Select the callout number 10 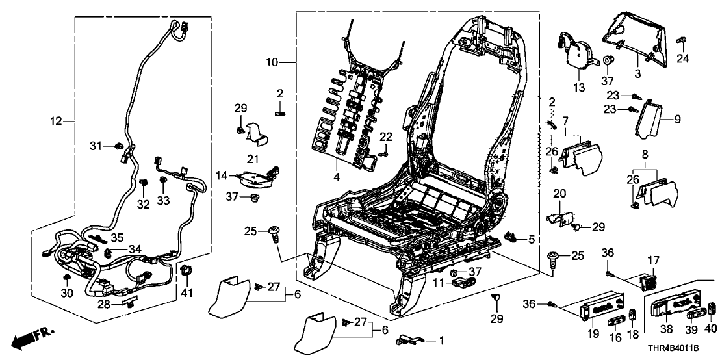(x=272, y=62)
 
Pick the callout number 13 (x=578, y=87)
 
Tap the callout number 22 (x=386, y=136)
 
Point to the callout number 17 (x=652, y=261)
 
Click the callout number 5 (x=531, y=239)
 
